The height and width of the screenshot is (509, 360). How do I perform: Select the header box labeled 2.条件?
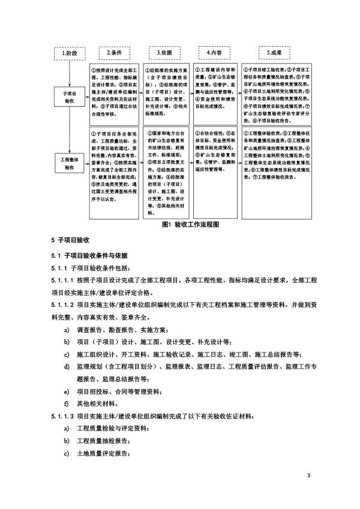click(115, 53)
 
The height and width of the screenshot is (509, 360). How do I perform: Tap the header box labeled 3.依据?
click(164, 53)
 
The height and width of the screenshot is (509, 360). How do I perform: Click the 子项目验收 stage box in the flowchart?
click(69, 98)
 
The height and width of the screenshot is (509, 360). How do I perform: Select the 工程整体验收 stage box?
click(69, 163)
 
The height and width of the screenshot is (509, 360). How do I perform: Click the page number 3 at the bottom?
click(308, 476)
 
